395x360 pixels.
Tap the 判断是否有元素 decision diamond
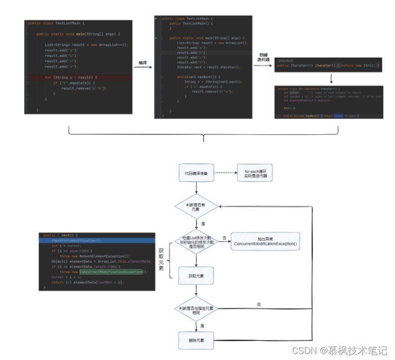(196, 206)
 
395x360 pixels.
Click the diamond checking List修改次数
(196, 242)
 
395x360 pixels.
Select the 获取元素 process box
(196, 275)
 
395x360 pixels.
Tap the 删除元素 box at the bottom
(196, 341)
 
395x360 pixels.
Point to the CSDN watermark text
(339, 351)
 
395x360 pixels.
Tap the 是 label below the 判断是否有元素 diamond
(203, 224)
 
